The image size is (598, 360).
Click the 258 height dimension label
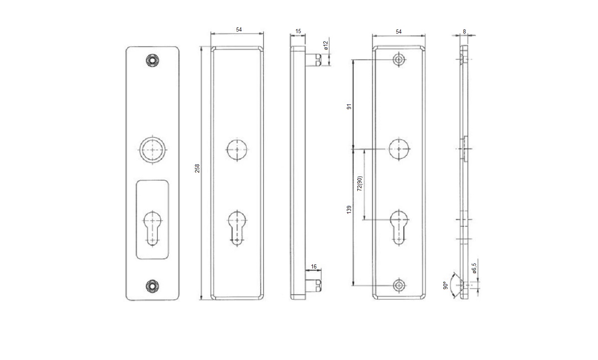pos(198,168)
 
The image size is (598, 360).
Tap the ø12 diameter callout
pos(326,46)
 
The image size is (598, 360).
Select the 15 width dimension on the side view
pos(298,31)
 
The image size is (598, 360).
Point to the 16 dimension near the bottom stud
pos(314,267)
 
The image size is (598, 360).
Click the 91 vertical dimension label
pos(348,106)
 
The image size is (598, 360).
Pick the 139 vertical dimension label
pos(349,210)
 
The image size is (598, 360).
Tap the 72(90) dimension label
pos(359,184)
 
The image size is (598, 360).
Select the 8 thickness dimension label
pos(464,31)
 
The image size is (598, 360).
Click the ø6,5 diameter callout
pos(474,268)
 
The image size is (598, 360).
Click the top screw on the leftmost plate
pos(153,60)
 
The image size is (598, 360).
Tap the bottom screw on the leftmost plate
pos(153,286)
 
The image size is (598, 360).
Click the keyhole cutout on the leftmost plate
pos(153,227)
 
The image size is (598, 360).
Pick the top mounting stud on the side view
pos(314,60)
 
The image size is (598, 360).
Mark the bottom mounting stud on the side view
pos(314,285)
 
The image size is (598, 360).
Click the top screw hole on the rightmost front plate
pos(399,60)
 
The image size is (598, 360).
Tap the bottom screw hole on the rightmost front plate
pos(399,286)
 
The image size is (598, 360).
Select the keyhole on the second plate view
pos(237,227)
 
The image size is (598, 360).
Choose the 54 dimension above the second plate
pos(239,29)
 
